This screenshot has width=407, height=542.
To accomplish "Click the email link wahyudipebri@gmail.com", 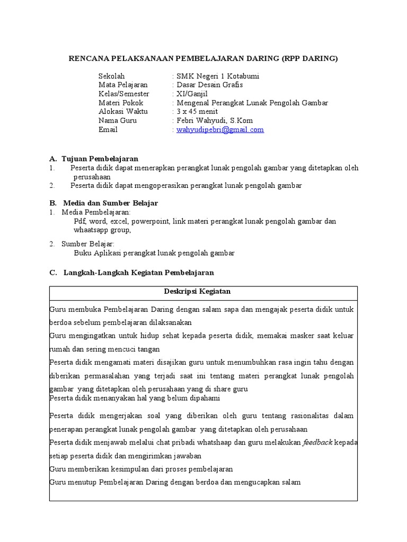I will tap(220, 130).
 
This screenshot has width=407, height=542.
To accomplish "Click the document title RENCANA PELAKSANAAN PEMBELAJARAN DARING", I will tap(203, 58).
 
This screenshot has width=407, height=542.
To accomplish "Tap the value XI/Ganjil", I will tap(193, 94).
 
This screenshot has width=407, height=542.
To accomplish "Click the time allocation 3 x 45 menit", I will tap(197, 112).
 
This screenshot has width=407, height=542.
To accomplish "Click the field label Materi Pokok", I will tap(121, 103).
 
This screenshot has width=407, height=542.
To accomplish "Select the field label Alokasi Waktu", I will tap(123, 112).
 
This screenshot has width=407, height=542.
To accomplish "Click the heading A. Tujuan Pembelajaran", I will tap(94, 159).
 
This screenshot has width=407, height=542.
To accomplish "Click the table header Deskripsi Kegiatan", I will tap(203, 292).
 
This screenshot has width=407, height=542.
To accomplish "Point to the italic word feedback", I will tap(317, 442).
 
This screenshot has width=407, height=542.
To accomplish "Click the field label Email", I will tap(108, 130).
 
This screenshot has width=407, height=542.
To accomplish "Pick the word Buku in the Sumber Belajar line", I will tap(83, 253).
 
